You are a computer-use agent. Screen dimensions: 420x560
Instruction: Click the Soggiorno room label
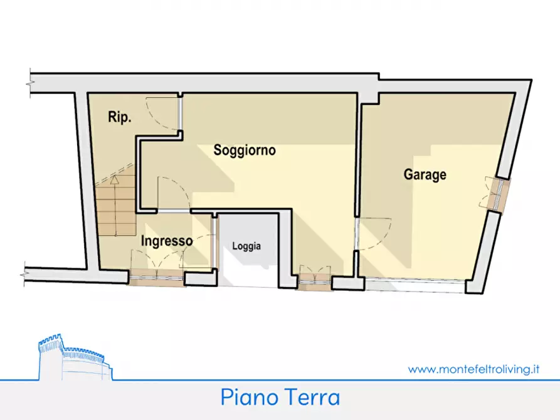(245, 150)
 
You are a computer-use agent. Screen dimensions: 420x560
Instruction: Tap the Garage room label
(425, 175)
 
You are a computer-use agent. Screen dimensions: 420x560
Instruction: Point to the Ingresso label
(166, 241)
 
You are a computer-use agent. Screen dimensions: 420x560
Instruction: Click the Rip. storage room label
(119, 118)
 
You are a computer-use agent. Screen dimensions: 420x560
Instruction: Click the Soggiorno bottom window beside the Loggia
(314, 278)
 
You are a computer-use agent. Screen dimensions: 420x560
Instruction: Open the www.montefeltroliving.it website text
(473, 369)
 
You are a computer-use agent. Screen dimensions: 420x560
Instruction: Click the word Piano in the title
(247, 397)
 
